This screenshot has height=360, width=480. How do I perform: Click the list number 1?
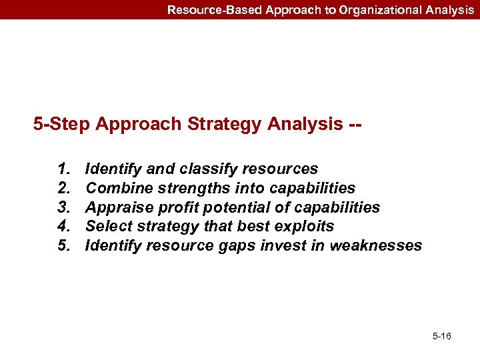click(65, 169)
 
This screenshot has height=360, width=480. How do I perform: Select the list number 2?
click(65, 189)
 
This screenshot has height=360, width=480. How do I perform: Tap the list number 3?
click(65, 207)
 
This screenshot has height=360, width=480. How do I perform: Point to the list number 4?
click(65, 227)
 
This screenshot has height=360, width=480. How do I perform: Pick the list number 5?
click(65, 245)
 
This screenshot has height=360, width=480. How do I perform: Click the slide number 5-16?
click(441, 336)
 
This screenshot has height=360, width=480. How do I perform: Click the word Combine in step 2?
click(113, 189)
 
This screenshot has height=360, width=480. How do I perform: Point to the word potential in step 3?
click(219, 207)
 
